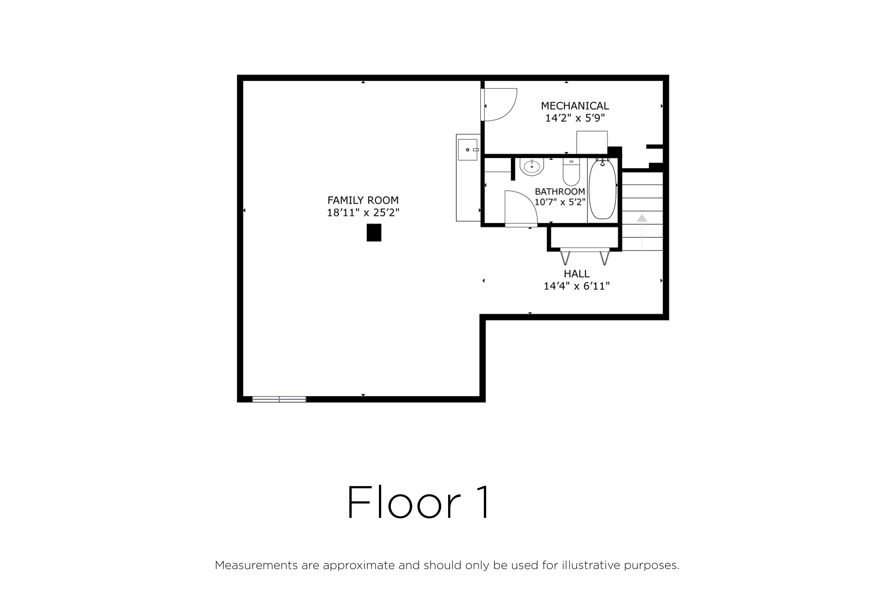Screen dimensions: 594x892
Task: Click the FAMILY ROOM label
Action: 363,200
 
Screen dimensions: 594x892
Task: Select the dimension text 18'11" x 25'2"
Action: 363,212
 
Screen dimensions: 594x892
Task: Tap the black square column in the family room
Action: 374,233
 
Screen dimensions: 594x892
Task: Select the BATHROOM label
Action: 560,191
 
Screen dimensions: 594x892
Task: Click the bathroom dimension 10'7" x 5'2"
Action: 560,202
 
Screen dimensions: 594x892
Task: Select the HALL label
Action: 577,273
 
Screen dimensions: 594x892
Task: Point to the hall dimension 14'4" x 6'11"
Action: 577,286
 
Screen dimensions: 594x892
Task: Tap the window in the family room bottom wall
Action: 279,399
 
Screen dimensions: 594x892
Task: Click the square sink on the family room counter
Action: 468,150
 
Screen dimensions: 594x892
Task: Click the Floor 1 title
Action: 418,503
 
